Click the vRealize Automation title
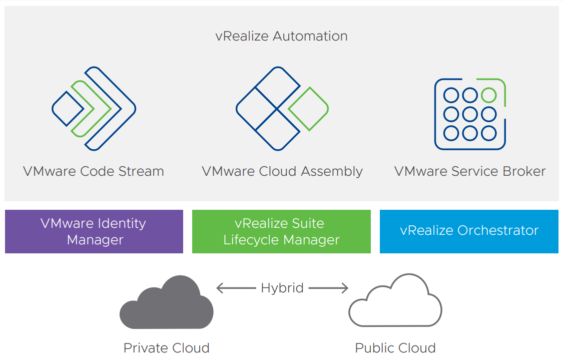pyautogui.click(x=281, y=37)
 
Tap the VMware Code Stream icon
pyautogui.click(x=94, y=108)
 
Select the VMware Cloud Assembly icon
pyautogui.click(x=282, y=108)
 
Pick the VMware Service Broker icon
pyautogui.click(x=470, y=114)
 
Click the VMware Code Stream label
pyautogui.click(x=94, y=171)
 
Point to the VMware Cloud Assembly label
pyautogui.click(x=282, y=171)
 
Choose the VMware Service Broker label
pyautogui.click(x=470, y=171)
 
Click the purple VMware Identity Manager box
pyautogui.click(x=94, y=231)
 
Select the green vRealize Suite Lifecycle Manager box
pyautogui.click(x=281, y=231)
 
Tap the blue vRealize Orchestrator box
pyautogui.click(x=469, y=231)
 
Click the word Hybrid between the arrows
pyautogui.click(x=282, y=288)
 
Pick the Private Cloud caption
pyautogui.click(x=166, y=348)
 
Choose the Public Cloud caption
pyautogui.click(x=395, y=348)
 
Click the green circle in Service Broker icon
pyautogui.click(x=488, y=95)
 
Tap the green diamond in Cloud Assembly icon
pyautogui.click(x=308, y=109)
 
